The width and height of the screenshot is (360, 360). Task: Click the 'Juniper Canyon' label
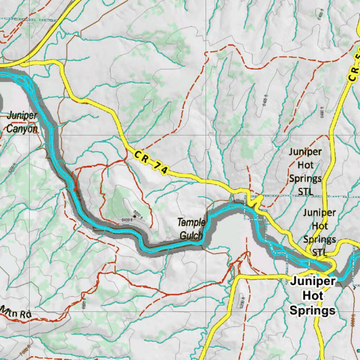pyautogui.click(x=22, y=122)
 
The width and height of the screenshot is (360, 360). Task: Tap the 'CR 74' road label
pyautogui.click(x=150, y=163)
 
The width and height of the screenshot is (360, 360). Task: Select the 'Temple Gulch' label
pyautogui.click(x=191, y=229)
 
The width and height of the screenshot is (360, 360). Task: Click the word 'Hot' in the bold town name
pyautogui.click(x=313, y=296)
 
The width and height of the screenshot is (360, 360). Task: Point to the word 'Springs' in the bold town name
pyautogui.click(x=312, y=310)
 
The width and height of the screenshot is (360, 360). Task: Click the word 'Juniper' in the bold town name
pyautogui.click(x=313, y=282)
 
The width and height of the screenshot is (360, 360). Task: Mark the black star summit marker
pyautogui.click(x=134, y=217)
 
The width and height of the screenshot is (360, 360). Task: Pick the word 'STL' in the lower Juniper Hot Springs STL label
pyautogui.click(x=319, y=252)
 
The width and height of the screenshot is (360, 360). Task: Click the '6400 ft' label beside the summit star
pyautogui.click(x=127, y=220)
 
